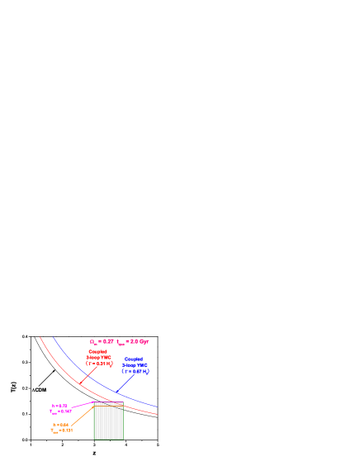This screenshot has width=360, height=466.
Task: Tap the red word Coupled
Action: [x=97, y=351]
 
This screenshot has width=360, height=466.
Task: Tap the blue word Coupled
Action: [x=134, y=359]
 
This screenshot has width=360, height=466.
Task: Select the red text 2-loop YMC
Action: [x=98, y=357]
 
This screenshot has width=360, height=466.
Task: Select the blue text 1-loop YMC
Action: [x=135, y=365]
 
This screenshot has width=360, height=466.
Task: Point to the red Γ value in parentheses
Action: [x=99, y=363]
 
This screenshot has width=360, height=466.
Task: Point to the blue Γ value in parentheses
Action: [x=135, y=371]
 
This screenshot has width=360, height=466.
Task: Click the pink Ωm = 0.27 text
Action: [x=102, y=341]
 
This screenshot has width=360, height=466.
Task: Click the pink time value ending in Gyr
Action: [x=133, y=341]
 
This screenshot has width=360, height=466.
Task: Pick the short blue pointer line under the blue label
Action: [x=125, y=383]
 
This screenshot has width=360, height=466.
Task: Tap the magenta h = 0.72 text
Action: [x=59, y=406]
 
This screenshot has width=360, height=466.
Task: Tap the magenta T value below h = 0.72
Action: [x=60, y=411]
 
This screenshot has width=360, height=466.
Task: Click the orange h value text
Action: [x=60, y=425]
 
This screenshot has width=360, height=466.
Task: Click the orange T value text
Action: [x=61, y=430]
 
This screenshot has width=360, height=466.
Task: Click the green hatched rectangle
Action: [x=108, y=421]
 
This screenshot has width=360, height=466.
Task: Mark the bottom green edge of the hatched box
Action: [x=108, y=440]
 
